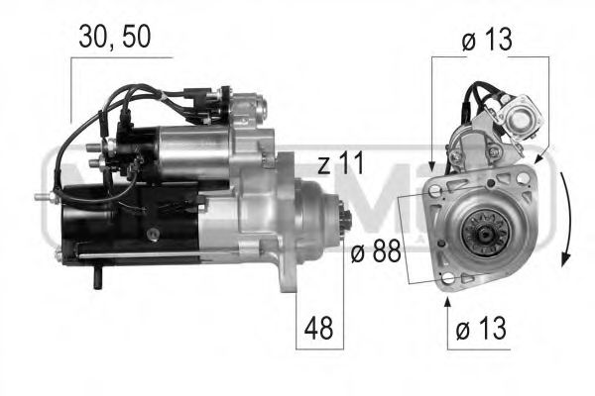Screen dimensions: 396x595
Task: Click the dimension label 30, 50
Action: (x=116, y=38)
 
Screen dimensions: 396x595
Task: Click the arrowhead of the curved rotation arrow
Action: (x=563, y=259)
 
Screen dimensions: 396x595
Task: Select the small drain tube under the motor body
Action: (x=98, y=280)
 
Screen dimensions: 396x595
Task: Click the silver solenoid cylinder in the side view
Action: (x=193, y=148)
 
